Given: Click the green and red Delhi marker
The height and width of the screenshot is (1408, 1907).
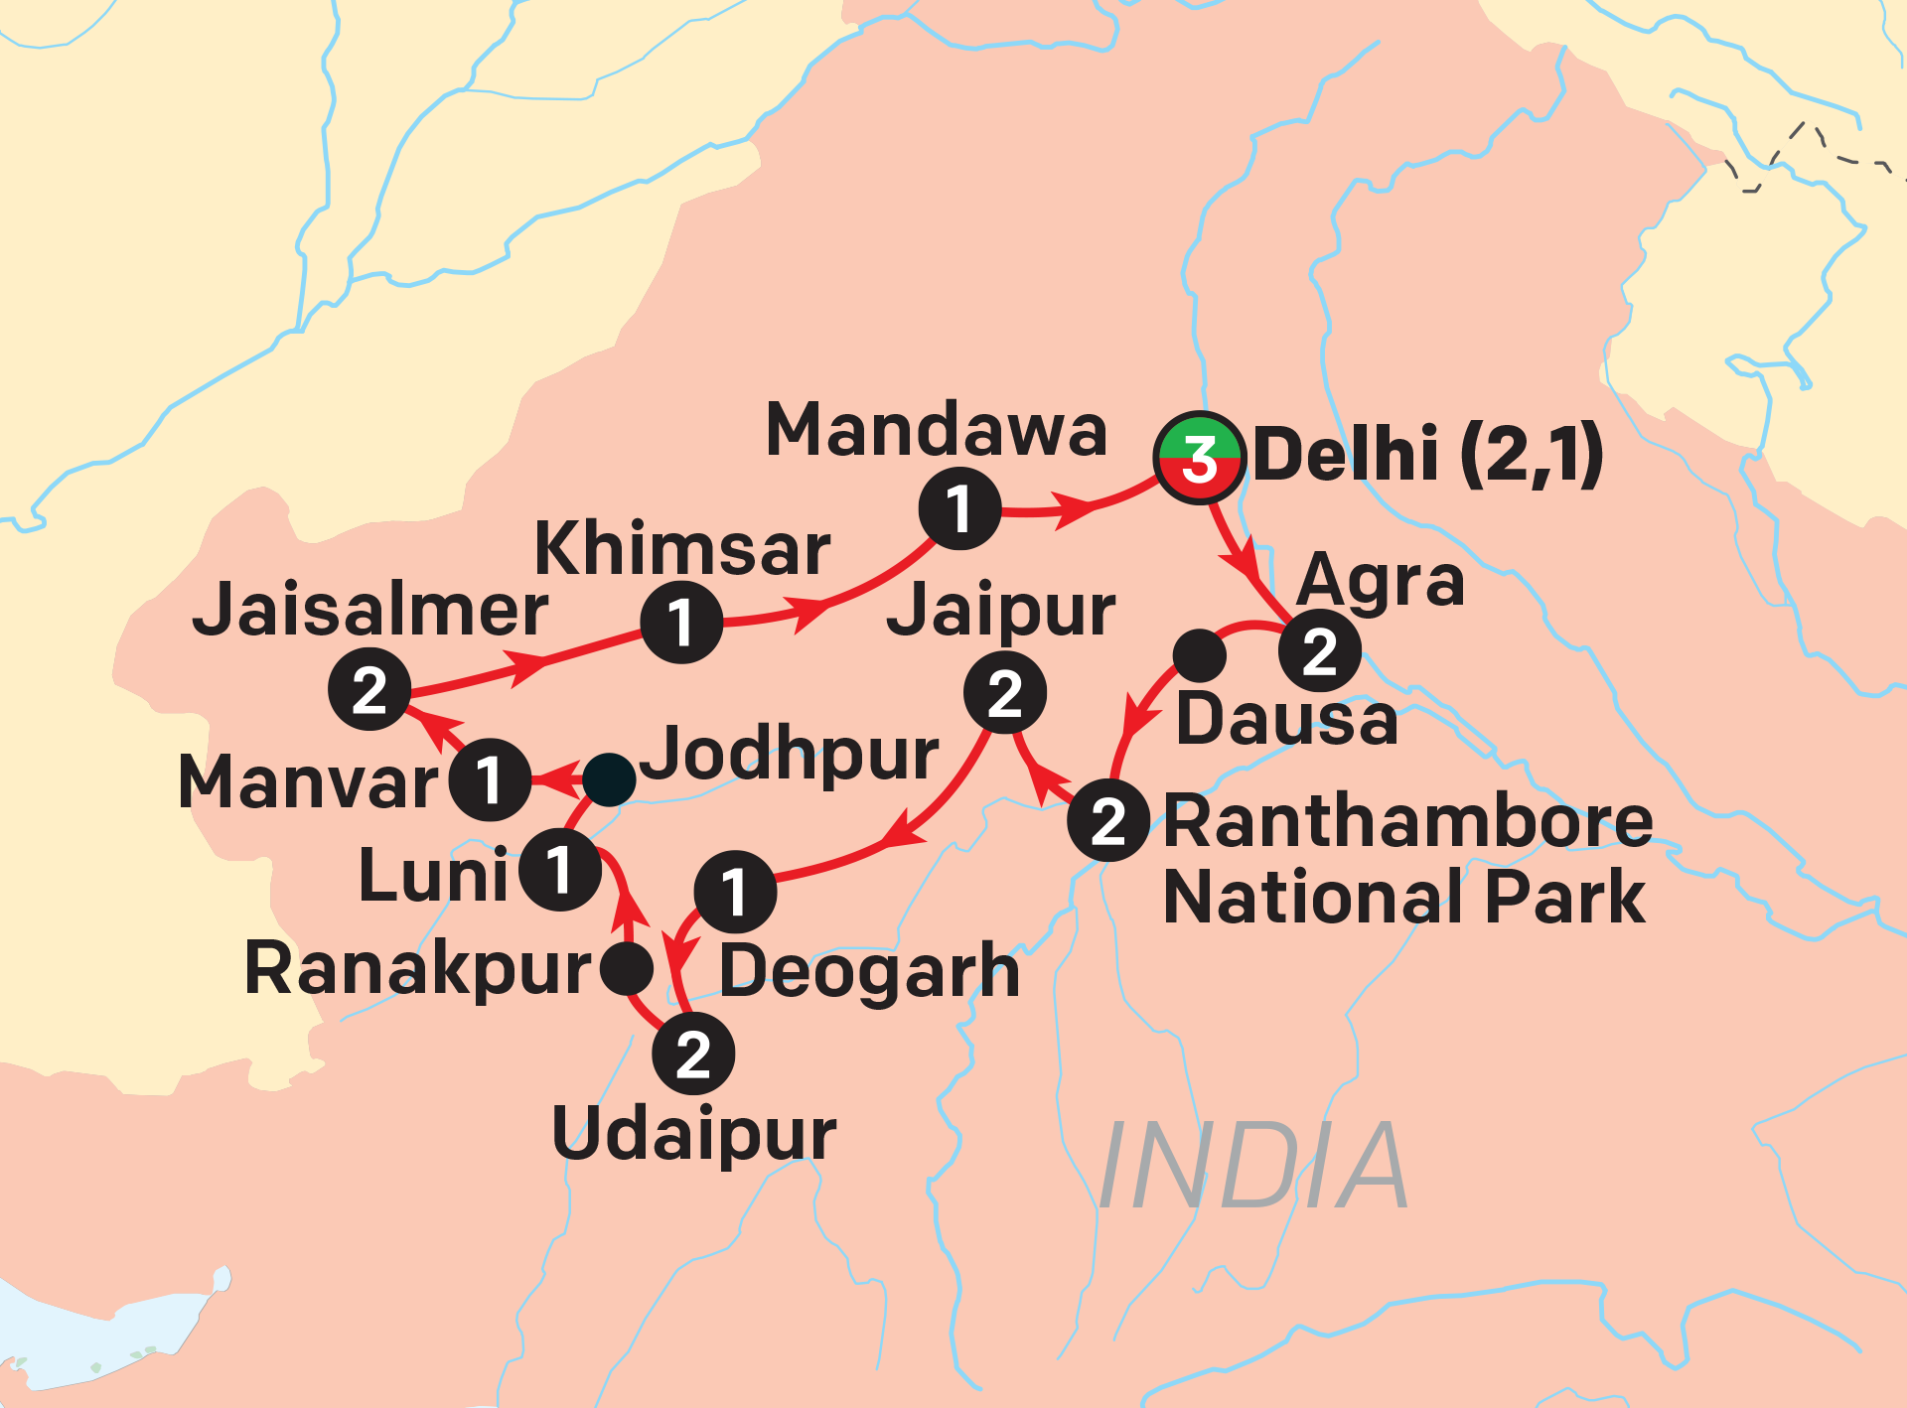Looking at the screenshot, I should coord(1199,458).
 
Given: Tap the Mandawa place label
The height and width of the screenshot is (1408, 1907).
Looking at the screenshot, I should coord(937,431).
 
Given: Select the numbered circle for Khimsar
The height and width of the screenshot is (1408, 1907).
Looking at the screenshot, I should coord(681,623).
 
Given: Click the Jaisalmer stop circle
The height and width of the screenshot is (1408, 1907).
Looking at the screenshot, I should coord(369,689).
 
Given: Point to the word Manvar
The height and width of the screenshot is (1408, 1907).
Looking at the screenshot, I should coord(308,782).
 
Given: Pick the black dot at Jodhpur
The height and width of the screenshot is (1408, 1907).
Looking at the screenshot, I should coord(609,779).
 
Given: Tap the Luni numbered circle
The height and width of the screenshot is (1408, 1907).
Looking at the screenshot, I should coord(560,870).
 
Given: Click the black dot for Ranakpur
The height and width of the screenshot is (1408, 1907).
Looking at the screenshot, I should coord(627,968).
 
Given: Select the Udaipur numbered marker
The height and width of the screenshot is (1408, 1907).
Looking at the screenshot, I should coord(693,1054).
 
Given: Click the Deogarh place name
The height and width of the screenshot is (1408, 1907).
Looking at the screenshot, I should coord(869,970).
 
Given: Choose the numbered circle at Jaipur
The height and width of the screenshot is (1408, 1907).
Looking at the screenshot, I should coord(1005,693).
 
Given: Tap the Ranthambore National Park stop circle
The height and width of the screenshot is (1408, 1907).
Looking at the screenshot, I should coord(1108,820).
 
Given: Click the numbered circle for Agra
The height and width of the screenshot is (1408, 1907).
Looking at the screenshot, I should coord(1319,651).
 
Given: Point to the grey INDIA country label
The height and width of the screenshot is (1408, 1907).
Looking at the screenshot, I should coord(1253,1167).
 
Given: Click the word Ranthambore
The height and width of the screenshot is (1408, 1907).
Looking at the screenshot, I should coord(1408,821).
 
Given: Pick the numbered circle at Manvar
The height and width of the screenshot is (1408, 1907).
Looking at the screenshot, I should coord(490,779).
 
